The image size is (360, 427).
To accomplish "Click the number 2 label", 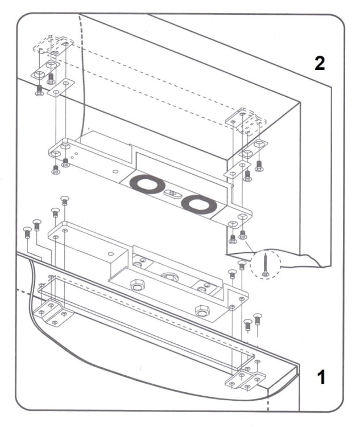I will click(x=320, y=63).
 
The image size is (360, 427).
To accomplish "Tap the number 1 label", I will click(x=322, y=376).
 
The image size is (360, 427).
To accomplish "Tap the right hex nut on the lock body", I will click(x=202, y=311).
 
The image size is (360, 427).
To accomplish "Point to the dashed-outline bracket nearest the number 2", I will click(x=246, y=118).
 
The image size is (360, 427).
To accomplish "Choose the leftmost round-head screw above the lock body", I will click(x=27, y=231).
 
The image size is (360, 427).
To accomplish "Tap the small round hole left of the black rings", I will click(x=115, y=170).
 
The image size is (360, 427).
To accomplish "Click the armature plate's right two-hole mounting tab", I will click(x=239, y=220).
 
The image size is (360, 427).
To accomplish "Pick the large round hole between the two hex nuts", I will click(x=169, y=277).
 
